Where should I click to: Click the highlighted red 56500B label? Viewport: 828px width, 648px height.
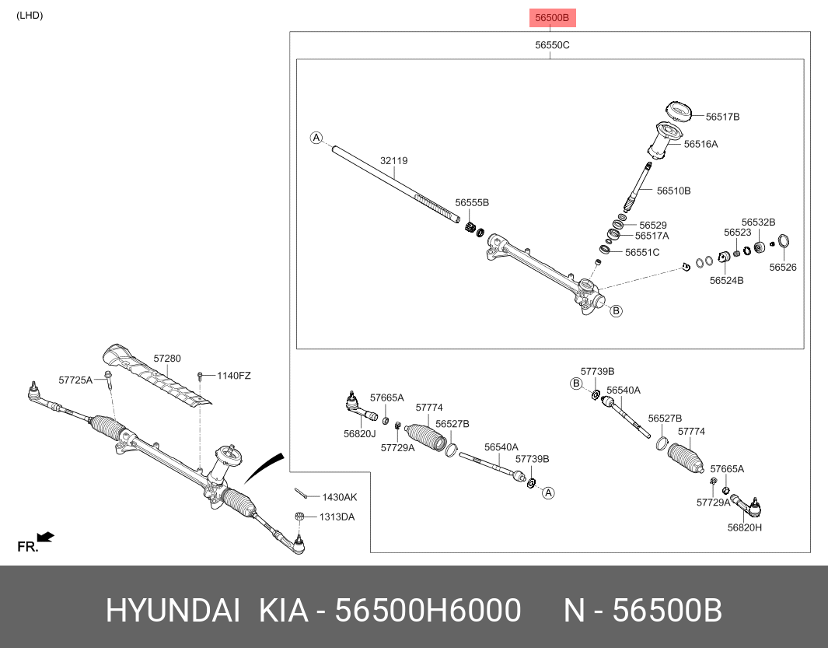554,17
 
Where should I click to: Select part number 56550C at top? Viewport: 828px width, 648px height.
552,45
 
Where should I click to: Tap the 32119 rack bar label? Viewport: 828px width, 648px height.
393,161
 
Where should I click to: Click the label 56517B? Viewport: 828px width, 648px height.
722,117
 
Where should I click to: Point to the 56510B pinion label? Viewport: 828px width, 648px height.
673,191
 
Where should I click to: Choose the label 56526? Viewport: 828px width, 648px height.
783,267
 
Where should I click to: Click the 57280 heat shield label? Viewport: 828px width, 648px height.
166,359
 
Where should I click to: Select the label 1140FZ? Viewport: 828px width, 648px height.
233,376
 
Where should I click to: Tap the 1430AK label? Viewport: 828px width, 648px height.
340,497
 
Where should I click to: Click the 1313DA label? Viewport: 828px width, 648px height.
337,517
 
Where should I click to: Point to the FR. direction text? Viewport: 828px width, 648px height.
28,547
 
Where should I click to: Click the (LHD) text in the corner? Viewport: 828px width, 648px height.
30,16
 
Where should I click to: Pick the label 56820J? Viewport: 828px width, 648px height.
360,433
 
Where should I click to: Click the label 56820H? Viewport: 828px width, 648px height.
744,527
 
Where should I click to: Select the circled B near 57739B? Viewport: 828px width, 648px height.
576,384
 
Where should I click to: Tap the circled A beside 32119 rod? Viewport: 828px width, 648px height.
316,138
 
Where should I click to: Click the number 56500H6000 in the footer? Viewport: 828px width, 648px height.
428,611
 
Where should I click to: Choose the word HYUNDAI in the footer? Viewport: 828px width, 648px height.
173,611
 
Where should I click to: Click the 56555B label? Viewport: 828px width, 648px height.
472,202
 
